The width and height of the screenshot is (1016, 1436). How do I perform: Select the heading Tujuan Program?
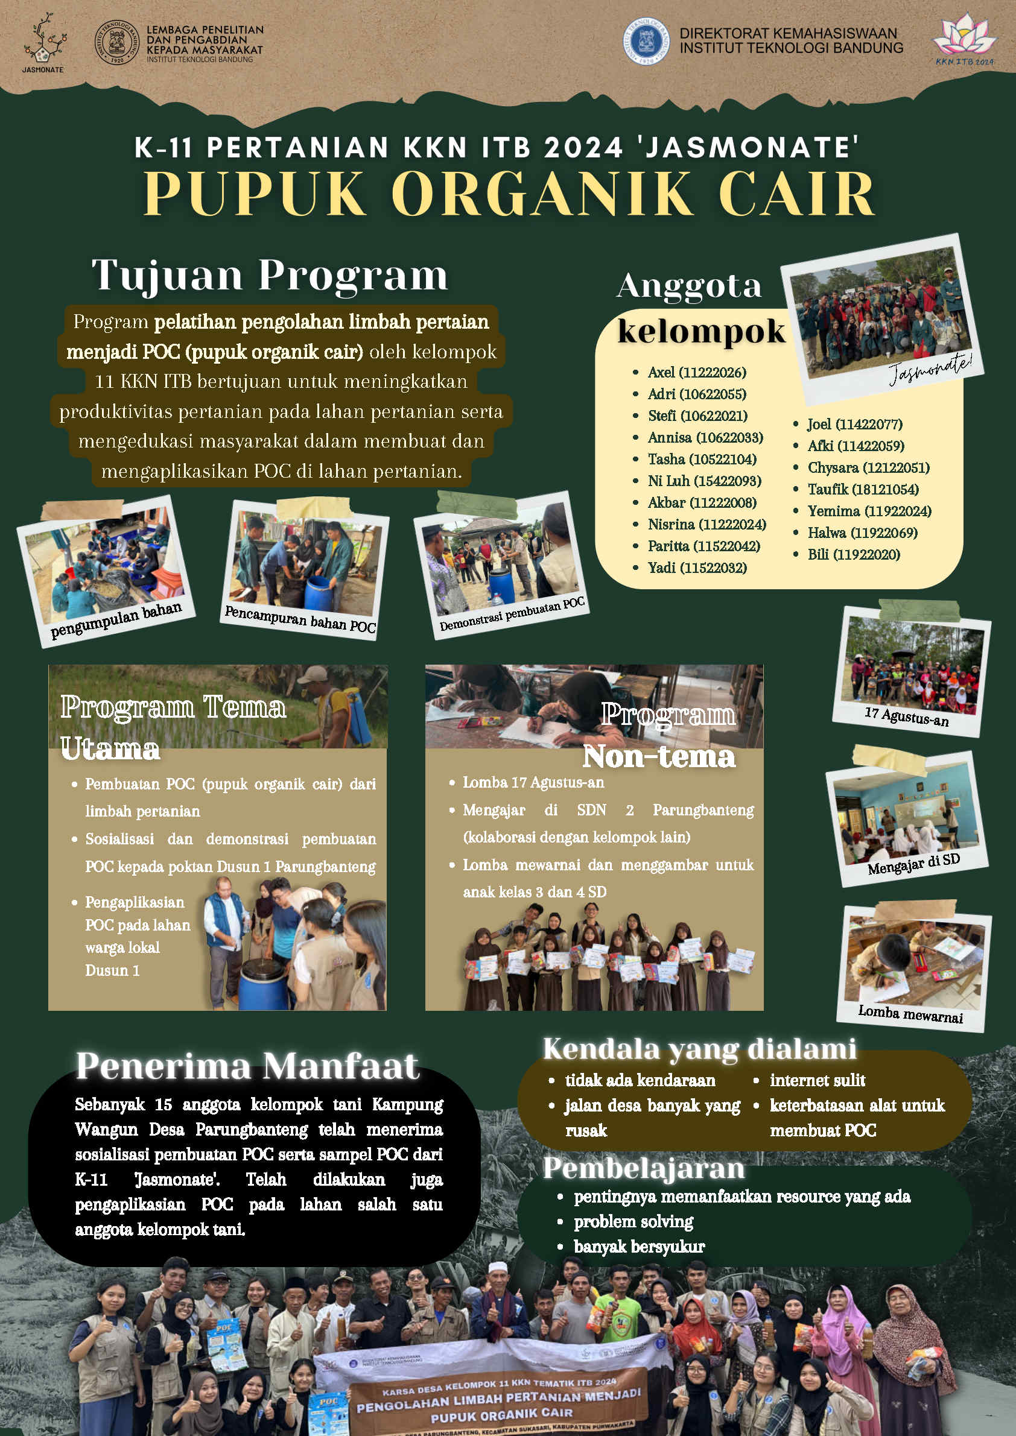[x=270, y=275]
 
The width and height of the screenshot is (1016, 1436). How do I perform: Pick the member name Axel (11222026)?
[x=696, y=372]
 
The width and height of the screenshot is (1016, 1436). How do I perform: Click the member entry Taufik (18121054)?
[x=863, y=489]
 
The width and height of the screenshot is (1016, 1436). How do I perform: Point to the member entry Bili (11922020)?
[x=853, y=554]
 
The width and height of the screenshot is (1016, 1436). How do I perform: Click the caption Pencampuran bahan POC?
[x=300, y=619]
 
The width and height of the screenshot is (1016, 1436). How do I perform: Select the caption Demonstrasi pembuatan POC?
[x=512, y=614]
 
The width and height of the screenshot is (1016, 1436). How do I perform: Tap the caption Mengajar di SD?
[x=913, y=864]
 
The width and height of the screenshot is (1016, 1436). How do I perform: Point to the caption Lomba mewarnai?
[x=910, y=1014]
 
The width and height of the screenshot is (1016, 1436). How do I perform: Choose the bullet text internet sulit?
[x=817, y=1080]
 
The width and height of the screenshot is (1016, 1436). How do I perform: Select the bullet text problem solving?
[x=633, y=1221]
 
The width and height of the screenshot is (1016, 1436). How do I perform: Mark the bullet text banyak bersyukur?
[x=639, y=1247]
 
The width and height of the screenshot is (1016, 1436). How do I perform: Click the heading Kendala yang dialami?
[x=699, y=1049]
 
